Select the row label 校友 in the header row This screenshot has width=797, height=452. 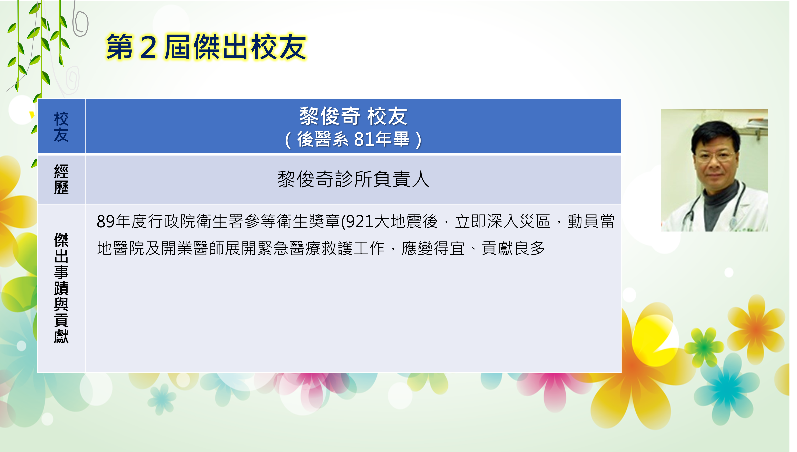coord(61,127)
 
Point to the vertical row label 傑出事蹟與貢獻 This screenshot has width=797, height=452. coord(61,288)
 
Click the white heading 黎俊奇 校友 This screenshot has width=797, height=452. coord(353,116)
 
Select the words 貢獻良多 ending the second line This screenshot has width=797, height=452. coord(514,248)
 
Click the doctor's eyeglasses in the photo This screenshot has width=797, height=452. coord(715,155)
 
